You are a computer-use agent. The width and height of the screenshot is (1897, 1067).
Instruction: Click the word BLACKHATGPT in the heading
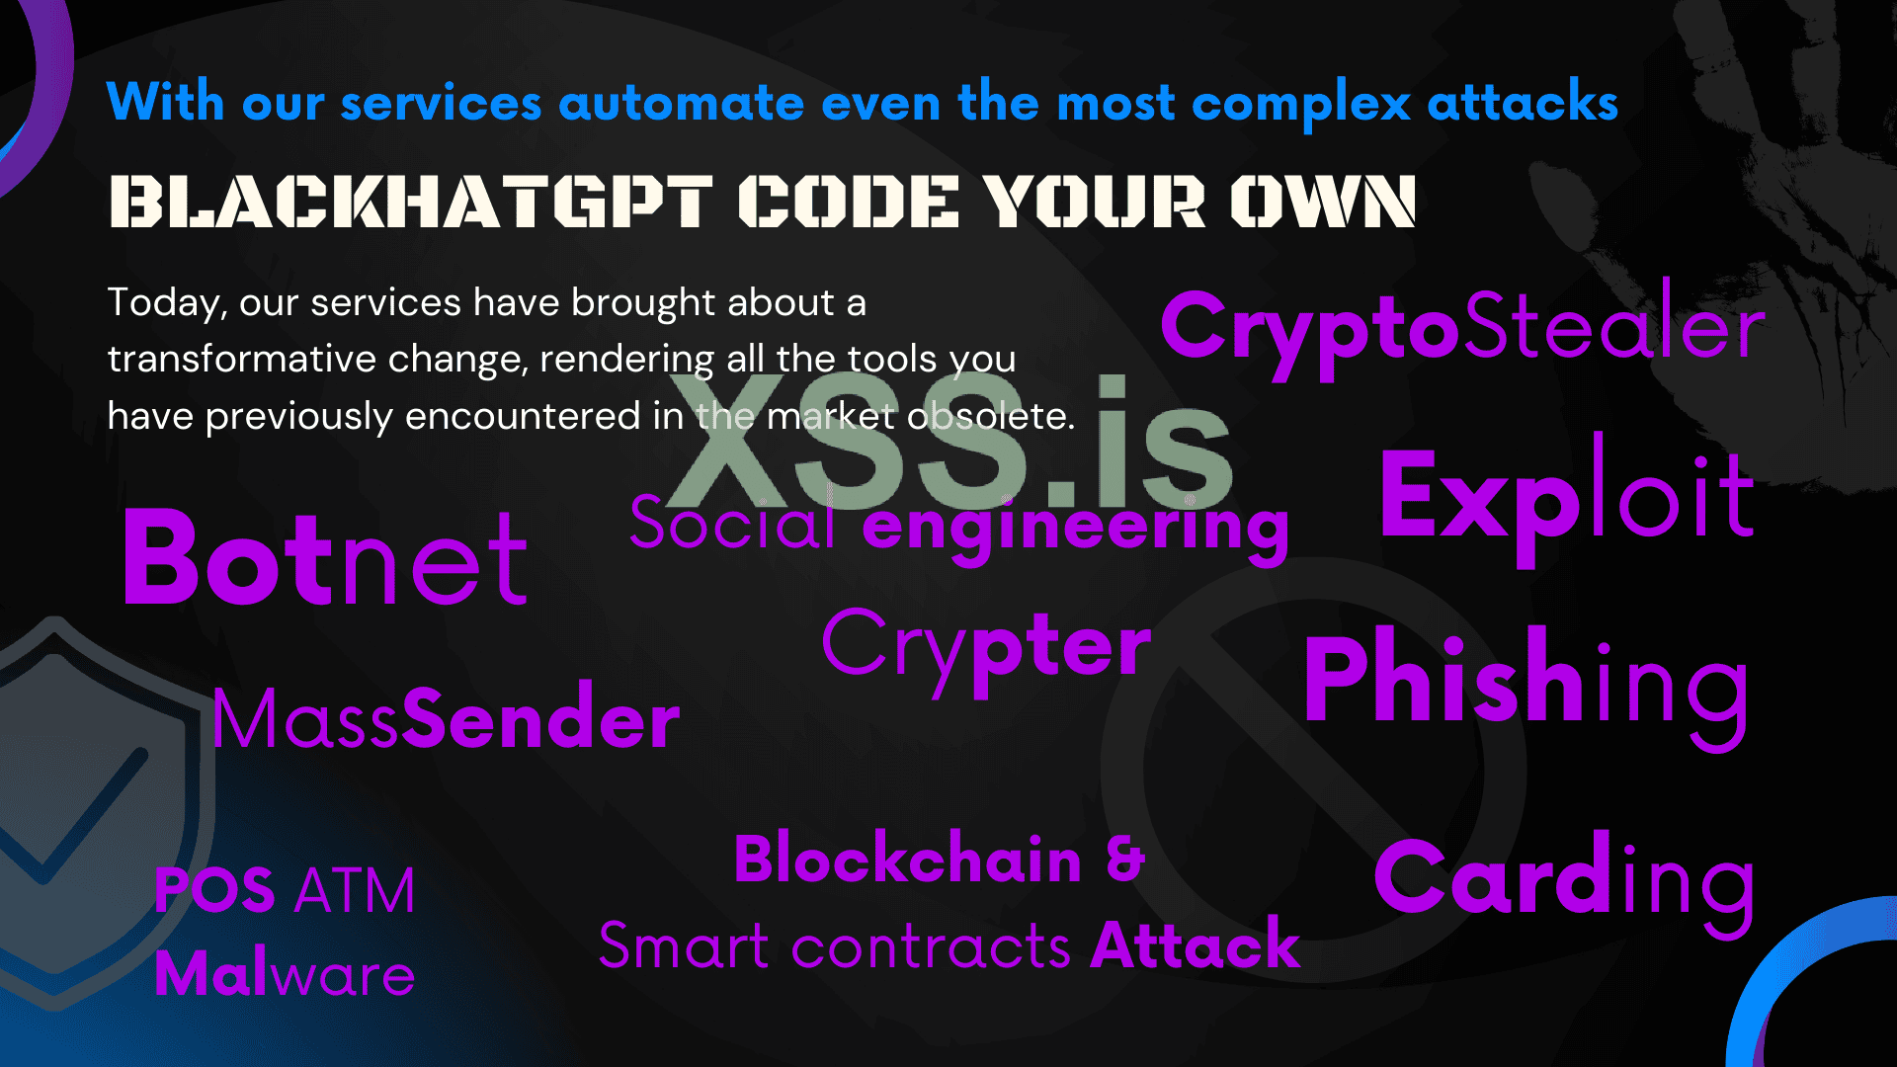[410, 202]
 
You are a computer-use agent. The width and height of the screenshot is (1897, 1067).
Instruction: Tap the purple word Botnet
[325, 558]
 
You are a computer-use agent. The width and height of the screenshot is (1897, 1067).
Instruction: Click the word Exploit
[1567, 499]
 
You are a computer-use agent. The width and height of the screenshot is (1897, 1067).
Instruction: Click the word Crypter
[986, 652]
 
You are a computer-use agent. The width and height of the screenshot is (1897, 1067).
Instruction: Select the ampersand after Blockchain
[1125, 858]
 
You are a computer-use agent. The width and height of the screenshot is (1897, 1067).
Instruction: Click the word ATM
[355, 891]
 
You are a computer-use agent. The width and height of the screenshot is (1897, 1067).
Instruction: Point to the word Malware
[285, 974]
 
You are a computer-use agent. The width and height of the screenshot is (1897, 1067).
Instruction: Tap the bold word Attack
[1196, 944]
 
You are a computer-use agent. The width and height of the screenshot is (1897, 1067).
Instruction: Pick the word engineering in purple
[1076, 529]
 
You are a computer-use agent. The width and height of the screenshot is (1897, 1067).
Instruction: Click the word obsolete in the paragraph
[991, 416]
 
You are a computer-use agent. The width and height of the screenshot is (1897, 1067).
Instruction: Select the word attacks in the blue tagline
[1523, 103]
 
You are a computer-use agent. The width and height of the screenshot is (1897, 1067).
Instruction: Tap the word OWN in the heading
[1323, 202]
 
